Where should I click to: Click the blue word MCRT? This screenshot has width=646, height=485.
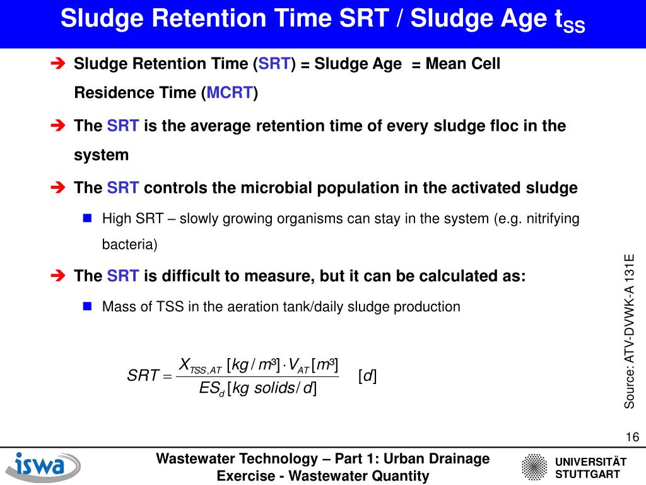pos(230,93)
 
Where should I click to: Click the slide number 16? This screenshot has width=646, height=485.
pos(632,438)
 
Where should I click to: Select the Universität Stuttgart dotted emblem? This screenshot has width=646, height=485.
pos(535,468)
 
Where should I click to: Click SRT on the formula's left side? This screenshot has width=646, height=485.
pos(142,377)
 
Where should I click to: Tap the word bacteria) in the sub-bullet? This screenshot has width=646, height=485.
pos(129,244)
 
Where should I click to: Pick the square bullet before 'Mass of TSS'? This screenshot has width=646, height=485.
pos(88,306)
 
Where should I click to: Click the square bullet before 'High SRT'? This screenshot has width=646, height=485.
pos(88,219)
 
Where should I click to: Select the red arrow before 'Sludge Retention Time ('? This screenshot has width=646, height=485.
pos(57,64)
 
